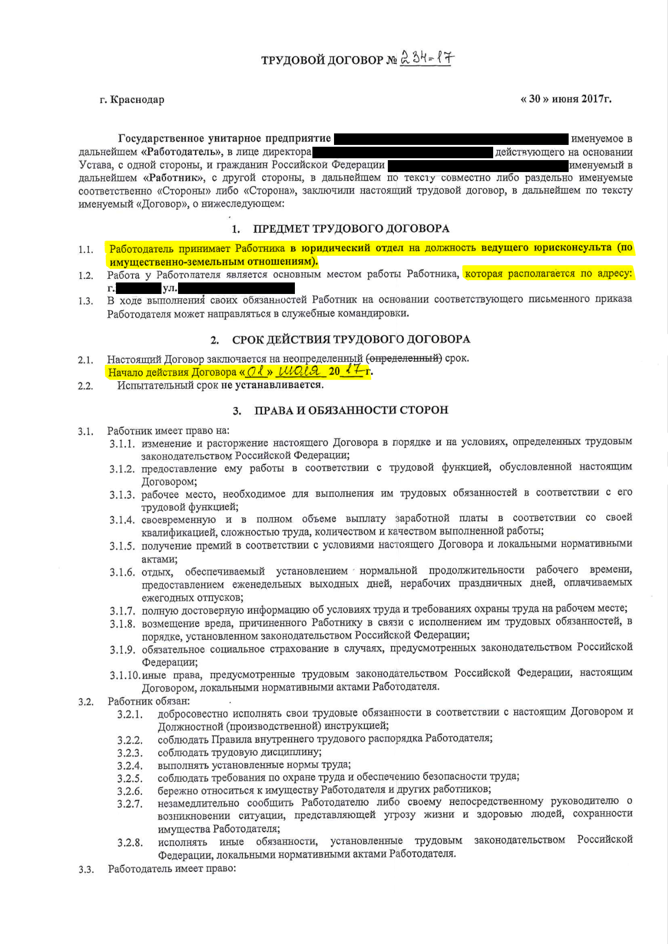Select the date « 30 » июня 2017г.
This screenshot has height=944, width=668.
[x=565, y=99]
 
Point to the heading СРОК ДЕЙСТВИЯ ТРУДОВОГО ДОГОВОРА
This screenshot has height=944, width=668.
[x=351, y=340]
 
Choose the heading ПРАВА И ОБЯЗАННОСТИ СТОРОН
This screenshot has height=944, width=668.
[x=351, y=410]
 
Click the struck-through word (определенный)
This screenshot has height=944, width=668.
[x=404, y=358]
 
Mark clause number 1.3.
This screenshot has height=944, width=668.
[x=86, y=301]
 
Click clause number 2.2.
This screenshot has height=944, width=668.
[x=86, y=386]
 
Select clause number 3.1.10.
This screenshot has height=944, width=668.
[x=125, y=675]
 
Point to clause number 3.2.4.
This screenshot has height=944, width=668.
[x=130, y=766]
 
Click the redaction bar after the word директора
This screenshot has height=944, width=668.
[x=403, y=152]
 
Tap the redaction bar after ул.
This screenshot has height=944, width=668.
[x=236, y=288]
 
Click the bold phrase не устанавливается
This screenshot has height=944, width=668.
[x=272, y=385]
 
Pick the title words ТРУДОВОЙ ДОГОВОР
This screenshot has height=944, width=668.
[x=322, y=60]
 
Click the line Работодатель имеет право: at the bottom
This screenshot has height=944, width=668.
[x=172, y=869]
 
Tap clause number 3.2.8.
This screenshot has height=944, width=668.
[x=130, y=843]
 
